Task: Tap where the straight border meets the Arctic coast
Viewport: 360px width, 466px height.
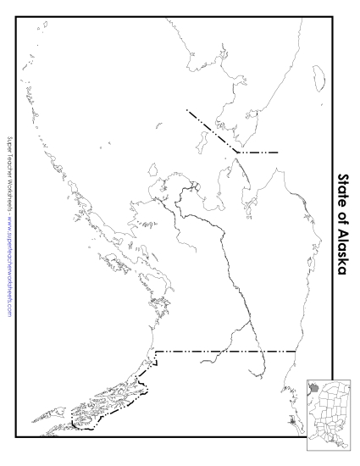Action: click(x=295, y=350)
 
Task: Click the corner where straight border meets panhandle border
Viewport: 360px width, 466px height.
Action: click(x=154, y=351)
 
